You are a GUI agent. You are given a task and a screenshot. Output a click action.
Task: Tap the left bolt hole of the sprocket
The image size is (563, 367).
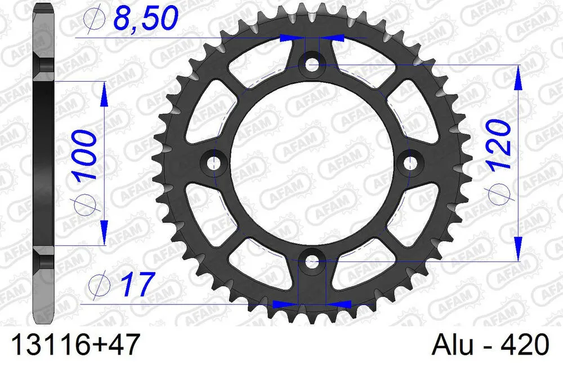[x=213, y=162]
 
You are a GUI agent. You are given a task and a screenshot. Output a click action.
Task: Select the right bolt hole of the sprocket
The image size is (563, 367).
[x=410, y=162]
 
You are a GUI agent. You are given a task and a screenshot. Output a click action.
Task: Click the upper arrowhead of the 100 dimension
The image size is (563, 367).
[x=104, y=94]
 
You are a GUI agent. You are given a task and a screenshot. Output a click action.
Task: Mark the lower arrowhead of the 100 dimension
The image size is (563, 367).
[x=104, y=232]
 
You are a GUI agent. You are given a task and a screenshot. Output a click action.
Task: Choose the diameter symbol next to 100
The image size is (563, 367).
[x=84, y=204]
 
